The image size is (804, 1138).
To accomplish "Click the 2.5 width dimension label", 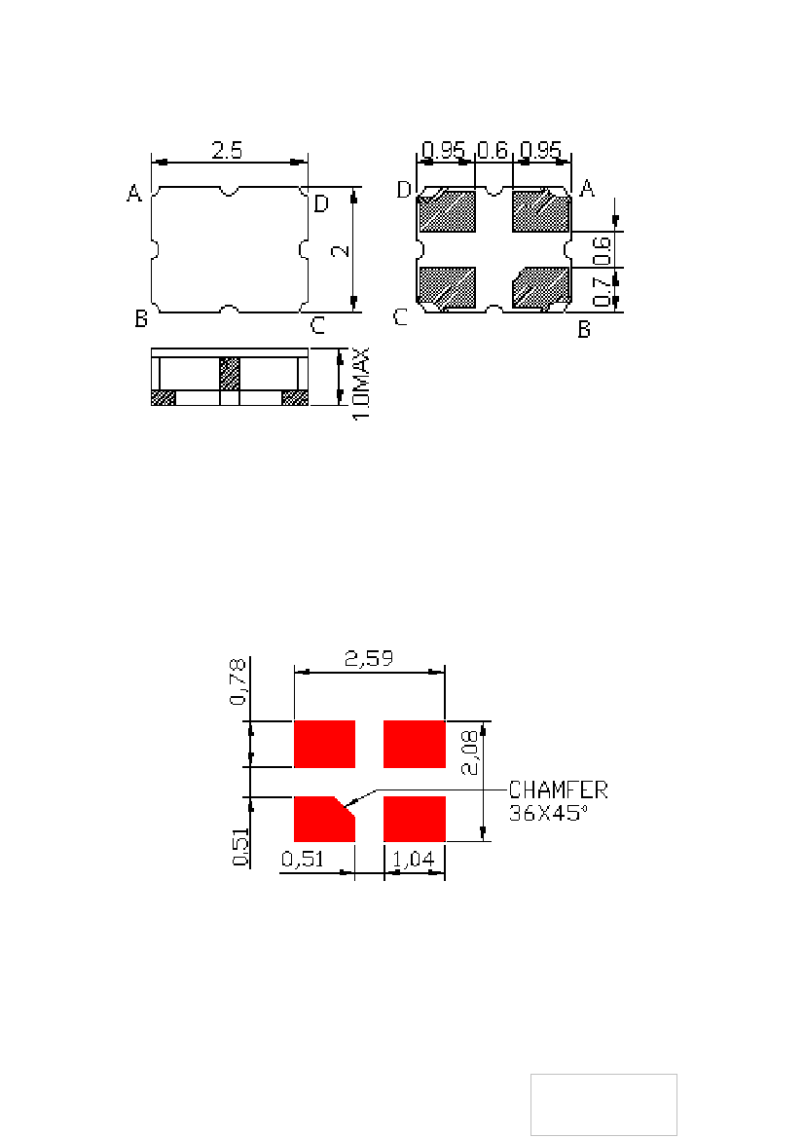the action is coord(227,150).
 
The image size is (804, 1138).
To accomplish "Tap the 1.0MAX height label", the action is coord(361,383).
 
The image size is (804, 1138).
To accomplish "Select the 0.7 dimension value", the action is coord(602,290).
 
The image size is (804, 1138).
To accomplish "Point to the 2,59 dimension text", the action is coord(369,658).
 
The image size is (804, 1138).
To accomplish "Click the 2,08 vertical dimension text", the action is coord(469,753).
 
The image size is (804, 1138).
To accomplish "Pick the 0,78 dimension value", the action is coord(238,681).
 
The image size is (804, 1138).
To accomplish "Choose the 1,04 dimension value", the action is coord(414,860).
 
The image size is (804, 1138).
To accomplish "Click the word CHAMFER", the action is coord(558,789).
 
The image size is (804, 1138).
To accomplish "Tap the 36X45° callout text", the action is coord(547,813).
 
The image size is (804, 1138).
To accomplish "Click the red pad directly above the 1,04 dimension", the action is coord(415,819).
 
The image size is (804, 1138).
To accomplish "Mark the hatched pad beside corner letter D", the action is coord(447,211).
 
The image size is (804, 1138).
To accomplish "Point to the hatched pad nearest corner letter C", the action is coord(447,287).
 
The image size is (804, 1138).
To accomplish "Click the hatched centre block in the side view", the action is coord(230,375).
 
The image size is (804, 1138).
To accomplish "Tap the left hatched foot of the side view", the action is coord(164,398).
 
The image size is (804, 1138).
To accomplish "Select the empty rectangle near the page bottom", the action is coord(603,1105).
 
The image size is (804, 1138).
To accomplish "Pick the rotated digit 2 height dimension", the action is coord(341,251).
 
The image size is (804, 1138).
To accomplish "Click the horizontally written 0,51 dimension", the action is coord(303,860).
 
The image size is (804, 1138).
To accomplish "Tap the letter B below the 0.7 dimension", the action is coord(584,329).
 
